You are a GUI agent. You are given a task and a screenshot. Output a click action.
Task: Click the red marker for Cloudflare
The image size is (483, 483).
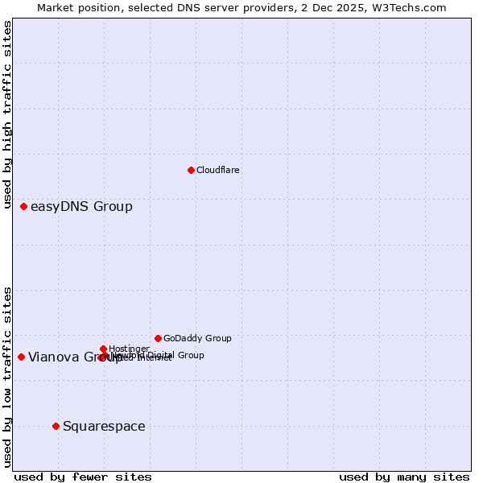point(191,170)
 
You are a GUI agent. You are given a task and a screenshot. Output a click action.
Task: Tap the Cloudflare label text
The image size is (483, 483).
point(217,170)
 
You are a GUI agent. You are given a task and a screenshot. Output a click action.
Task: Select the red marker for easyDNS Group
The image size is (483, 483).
point(24,207)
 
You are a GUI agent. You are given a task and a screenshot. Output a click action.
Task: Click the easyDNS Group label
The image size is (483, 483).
point(81,207)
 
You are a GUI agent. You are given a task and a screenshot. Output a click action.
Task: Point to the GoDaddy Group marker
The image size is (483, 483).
point(158,338)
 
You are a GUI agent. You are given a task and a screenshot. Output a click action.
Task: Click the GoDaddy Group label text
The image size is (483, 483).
point(197,338)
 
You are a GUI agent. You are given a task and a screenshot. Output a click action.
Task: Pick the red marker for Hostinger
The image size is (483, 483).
point(104,349)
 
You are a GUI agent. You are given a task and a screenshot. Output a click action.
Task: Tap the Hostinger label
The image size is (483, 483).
point(129,349)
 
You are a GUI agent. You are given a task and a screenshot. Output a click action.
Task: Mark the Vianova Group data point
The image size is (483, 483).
point(21,357)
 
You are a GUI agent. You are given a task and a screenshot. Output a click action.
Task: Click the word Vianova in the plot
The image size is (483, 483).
point(53,357)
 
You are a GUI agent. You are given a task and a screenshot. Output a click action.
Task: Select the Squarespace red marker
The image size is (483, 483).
point(56,426)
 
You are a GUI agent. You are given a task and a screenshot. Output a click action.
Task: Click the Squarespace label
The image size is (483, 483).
point(104,426)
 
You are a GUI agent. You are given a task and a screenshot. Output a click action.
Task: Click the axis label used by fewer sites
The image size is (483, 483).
point(83,477)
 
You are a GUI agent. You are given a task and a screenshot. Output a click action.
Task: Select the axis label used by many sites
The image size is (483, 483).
point(404,477)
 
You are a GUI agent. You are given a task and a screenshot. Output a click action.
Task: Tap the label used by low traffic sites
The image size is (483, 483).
point(7,376)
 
